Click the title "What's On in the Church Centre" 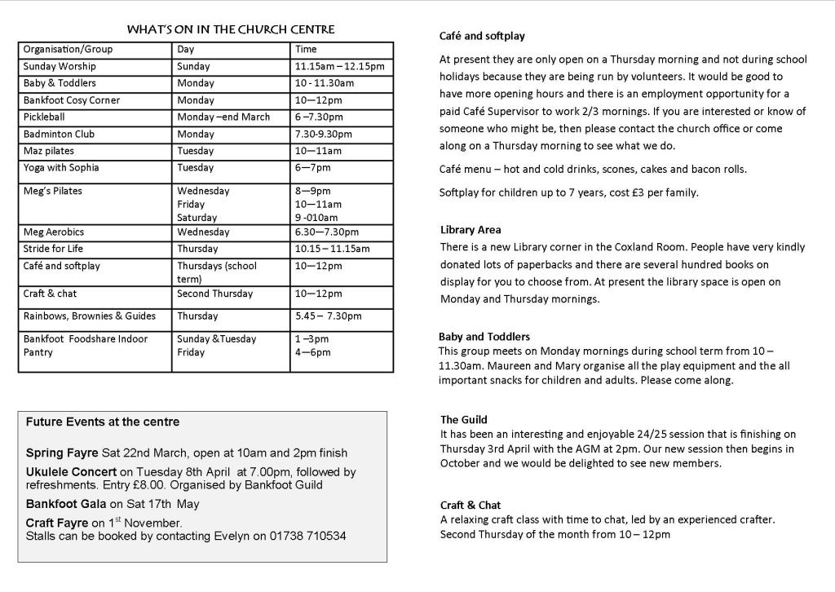(231, 29)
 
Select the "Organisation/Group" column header (68, 49)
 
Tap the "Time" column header (306, 49)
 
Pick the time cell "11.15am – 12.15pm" (339, 66)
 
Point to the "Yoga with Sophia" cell (61, 167)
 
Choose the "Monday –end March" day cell (223, 117)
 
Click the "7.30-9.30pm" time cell (324, 134)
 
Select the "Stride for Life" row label (53, 249)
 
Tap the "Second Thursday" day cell (214, 294)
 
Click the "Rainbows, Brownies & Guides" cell (89, 316)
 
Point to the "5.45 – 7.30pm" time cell (328, 316)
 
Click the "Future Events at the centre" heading (103, 422)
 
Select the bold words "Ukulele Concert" (72, 471)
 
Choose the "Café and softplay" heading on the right (482, 36)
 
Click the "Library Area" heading (471, 230)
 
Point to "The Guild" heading (464, 420)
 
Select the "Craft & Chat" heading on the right (471, 505)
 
